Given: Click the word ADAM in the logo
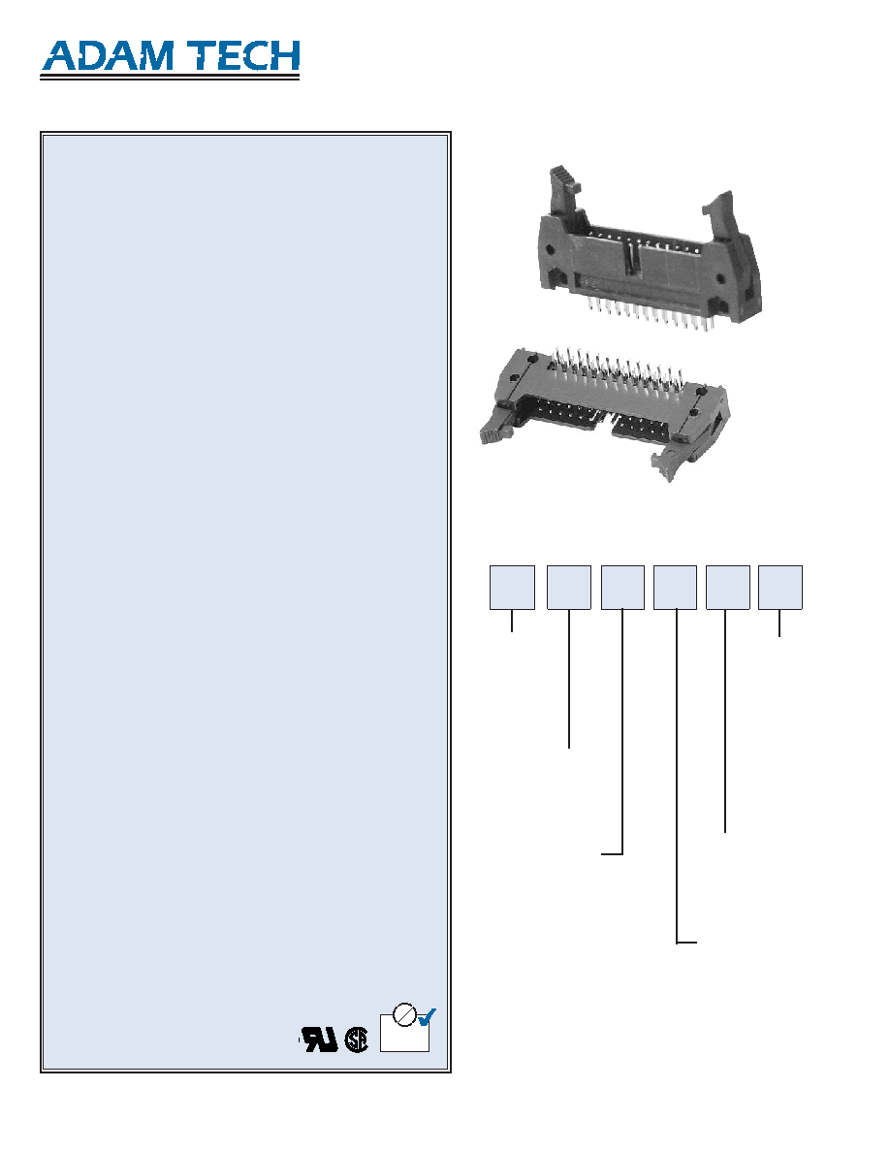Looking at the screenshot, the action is [x=108, y=56].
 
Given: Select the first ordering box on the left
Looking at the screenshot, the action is [x=512, y=587].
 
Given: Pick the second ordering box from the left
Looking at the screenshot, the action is [x=569, y=587].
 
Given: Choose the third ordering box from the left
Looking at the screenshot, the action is [x=622, y=587].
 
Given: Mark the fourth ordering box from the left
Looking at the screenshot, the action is [x=675, y=587].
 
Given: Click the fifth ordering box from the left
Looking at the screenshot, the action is [x=728, y=587].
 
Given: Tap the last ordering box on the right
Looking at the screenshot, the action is [x=779, y=587].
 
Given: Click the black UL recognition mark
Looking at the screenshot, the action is [x=320, y=1039].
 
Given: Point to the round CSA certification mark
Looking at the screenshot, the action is [x=356, y=1040].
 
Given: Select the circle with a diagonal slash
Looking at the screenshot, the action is [x=404, y=1014].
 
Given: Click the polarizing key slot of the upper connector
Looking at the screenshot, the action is [x=630, y=262].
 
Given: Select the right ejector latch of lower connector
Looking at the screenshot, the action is [x=672, y=461].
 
